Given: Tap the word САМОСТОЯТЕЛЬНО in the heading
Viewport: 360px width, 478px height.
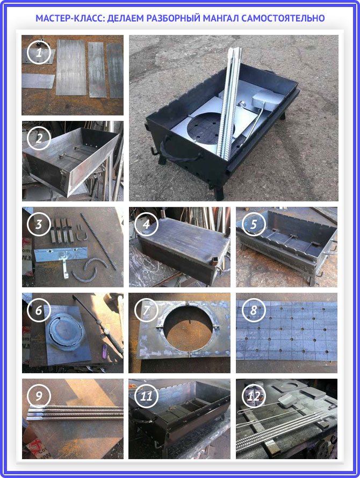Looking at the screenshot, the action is coord(283,18).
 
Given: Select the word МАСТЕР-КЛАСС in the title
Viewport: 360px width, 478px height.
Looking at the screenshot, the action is coord(70,18).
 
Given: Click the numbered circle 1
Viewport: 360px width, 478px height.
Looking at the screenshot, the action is coord(39,53).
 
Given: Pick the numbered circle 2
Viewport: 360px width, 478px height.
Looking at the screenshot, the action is coord(39,139).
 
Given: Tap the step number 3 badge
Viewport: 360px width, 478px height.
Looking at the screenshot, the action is coord(39,224).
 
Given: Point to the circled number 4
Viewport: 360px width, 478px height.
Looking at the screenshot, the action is coord(146,224).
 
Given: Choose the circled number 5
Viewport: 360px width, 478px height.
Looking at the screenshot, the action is coord(254,224).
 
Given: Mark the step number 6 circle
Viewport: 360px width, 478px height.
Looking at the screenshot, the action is coord(39,310).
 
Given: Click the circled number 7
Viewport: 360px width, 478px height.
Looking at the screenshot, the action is coord(146,310).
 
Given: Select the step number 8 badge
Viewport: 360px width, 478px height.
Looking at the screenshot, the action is coord(254,310).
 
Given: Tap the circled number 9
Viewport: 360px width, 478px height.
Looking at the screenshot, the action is coord(39,396).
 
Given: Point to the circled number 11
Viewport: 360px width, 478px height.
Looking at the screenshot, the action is coord(146,396).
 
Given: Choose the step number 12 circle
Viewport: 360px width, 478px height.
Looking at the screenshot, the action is coord(254,396).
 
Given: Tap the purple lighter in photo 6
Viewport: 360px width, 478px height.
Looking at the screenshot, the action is coord(104,351).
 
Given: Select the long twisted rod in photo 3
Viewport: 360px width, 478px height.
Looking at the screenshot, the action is coord(98,242).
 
